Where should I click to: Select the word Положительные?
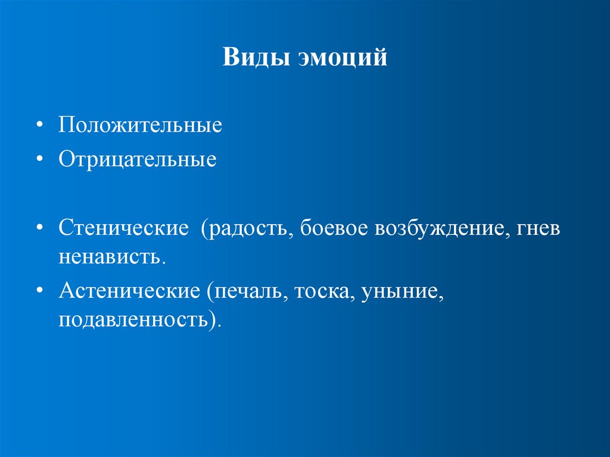click(140, 126)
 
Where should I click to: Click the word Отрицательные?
click(137, 159)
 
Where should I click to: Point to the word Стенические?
click(123, 229)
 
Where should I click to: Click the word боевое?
click(333, 229)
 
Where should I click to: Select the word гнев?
click(539, 229)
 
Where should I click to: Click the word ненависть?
click(110, 257)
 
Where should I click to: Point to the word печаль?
click(246, 291)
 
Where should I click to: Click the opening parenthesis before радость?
click(205, 229)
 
